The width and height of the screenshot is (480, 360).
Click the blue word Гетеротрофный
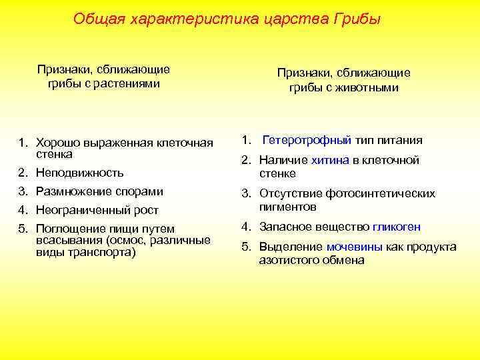pyautogui.click(x=307, y=140)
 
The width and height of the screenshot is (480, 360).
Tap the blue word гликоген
pyautogui.click(x=397, y=227)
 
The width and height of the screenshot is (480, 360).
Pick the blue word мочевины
pyautogui.click(x=354, y=247)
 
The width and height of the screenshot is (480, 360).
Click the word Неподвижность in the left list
pyautogui.click(x=79, y=173)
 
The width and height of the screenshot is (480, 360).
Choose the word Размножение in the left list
pyautogui.click(x=73, y=191)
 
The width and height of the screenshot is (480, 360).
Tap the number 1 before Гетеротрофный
pyautogui.click(x=245, y=140)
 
